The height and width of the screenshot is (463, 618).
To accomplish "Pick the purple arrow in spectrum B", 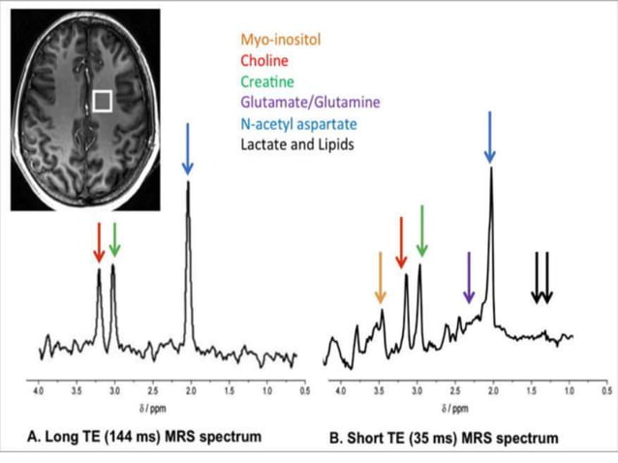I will tap(469, 278).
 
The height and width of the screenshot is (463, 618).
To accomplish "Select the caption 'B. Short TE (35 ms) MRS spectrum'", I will tap(444, 438).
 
